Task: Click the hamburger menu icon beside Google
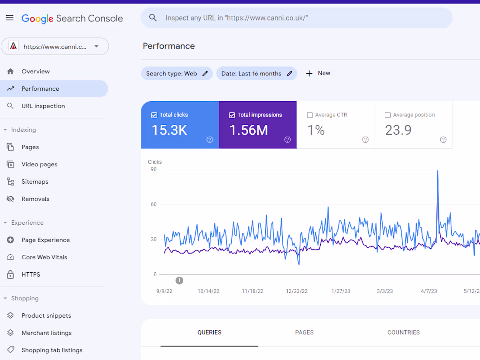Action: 10,18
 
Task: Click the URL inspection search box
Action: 297,18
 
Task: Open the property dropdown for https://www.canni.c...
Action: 96,47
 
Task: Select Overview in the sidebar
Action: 35,72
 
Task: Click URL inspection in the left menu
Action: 43,106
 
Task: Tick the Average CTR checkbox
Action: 310,115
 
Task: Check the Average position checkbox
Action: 387,115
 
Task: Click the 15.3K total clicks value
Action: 169,130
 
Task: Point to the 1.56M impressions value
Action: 249,130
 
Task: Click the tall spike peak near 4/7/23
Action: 438,171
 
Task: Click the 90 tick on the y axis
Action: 154,169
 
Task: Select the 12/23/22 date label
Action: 297,291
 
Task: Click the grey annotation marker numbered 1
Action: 179,281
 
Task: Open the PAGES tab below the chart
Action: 304,333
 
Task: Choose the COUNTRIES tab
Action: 403,333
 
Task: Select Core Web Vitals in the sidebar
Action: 44,257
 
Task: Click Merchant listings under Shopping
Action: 46,333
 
